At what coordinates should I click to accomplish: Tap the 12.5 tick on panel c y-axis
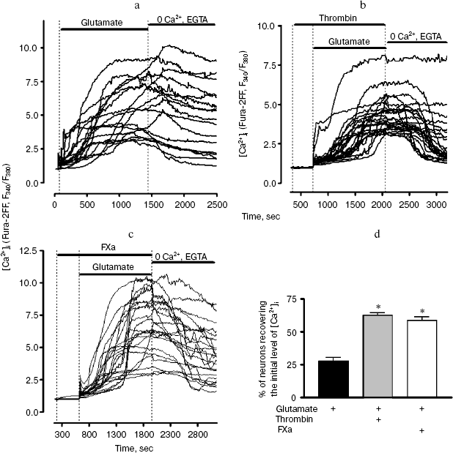31,252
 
